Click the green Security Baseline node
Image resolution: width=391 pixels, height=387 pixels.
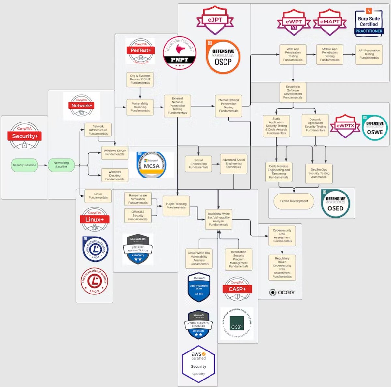[x=24, y=165]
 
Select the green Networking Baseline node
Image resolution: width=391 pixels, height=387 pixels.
[x=61, y=165]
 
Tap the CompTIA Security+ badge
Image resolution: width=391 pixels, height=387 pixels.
[x=24, y=136]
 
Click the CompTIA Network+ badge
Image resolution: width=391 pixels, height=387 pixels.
[x=81, y=106]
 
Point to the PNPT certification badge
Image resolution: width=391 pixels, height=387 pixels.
[x=180, y=53]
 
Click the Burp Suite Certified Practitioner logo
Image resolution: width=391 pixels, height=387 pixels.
[x=369, y=23]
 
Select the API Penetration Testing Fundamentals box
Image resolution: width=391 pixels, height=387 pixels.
[x=369, y=54]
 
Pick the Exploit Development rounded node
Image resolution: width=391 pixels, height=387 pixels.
[x=294, y=201]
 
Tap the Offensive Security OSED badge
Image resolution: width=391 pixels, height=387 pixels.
[x=335, y=203]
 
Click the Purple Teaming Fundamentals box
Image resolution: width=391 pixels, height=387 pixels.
[x=176, y=206]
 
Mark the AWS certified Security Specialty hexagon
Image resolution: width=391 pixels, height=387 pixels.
[x=198, y=364]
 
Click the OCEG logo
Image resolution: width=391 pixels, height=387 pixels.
[x=282, y=292]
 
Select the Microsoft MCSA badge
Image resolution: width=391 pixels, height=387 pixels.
[x=152, y=165]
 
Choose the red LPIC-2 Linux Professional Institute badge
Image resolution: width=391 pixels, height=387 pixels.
[x=94, y=281]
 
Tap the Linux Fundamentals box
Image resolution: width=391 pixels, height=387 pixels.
[x=98, y=196]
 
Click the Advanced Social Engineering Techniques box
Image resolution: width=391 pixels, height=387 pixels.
[x=234, y=164]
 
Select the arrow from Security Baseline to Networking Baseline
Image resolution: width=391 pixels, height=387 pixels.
[x=43, y=165]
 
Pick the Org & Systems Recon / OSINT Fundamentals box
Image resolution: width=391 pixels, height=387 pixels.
[x=140, y=79]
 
